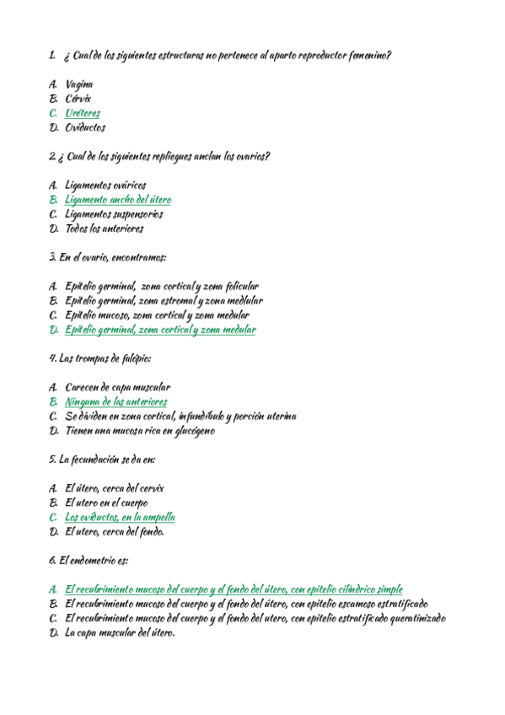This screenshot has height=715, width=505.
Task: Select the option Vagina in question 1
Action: click(78, 84)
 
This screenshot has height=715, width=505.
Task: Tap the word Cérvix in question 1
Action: click(78, 99)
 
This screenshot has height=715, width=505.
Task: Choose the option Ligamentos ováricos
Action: click(105, 185)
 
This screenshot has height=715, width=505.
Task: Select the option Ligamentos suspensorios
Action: click(114, 214)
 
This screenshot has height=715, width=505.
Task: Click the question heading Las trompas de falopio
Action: click(100, 358)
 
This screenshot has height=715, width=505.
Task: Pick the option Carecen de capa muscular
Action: click(117, 388)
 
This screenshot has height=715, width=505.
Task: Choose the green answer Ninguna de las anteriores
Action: click(116, 402)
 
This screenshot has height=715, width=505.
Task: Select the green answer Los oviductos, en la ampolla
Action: click(120, 517)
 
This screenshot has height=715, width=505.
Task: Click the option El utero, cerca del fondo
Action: click(115, 531)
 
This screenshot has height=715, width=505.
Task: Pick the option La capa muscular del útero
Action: click(119, 633)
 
